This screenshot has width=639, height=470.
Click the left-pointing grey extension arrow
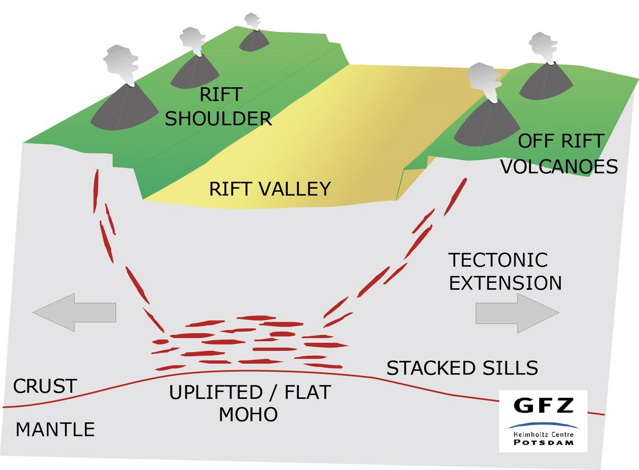75,312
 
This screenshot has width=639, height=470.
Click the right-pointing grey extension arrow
517,313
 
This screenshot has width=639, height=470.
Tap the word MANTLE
55,430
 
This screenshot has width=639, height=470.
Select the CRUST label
45,386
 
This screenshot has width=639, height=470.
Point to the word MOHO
248,415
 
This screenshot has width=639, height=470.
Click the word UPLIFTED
216,392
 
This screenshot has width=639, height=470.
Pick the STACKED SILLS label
462,368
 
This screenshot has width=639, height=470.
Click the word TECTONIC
498,260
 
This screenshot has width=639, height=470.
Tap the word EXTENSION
505,283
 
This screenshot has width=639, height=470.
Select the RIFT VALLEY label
270,189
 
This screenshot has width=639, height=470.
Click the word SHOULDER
218,118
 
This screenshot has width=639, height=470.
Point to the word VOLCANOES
559,166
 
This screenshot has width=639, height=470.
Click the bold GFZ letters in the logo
543,405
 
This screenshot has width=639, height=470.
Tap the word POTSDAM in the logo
543,442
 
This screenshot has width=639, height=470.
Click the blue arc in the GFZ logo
543,425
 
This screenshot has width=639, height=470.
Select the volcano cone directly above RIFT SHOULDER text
195,73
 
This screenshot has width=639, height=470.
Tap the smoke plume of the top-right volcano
543,48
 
